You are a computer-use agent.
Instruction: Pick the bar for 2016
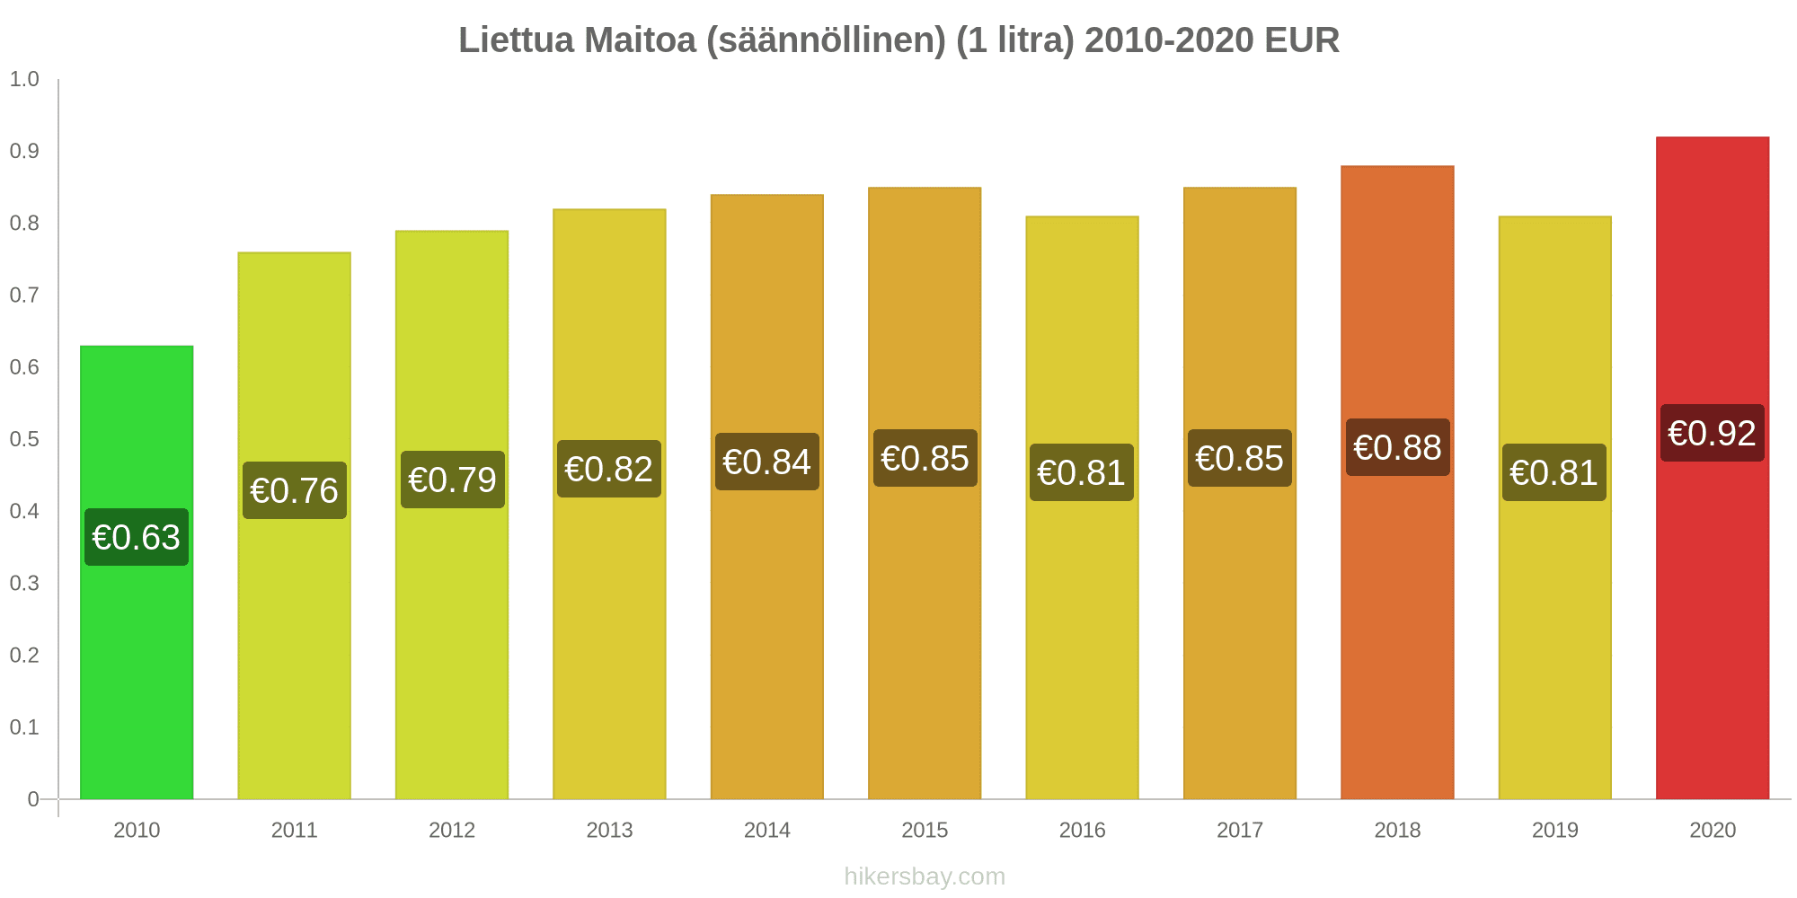(1082, 629)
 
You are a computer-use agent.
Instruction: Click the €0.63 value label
(137, 537)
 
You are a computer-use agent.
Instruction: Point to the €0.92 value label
(1713, 433)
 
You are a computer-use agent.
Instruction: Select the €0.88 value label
(1397, 447)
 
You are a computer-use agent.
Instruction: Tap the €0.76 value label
(295, 490)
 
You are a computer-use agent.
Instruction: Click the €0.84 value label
(767, 462)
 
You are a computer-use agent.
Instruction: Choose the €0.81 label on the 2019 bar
(1554, 472)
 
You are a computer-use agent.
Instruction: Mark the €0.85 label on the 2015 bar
(925, 458)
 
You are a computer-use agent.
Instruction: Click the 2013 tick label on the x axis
(609, 830)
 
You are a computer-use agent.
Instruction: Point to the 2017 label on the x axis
(1240, 830)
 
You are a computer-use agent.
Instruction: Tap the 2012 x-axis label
(452, 830)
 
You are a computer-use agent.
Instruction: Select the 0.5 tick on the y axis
(24, 439)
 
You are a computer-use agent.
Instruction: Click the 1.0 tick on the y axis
(24, 79)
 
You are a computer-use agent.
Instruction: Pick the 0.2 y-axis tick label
(24, 655)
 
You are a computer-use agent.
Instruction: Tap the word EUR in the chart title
(1301, 40)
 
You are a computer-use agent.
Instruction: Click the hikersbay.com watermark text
(925, 876)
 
